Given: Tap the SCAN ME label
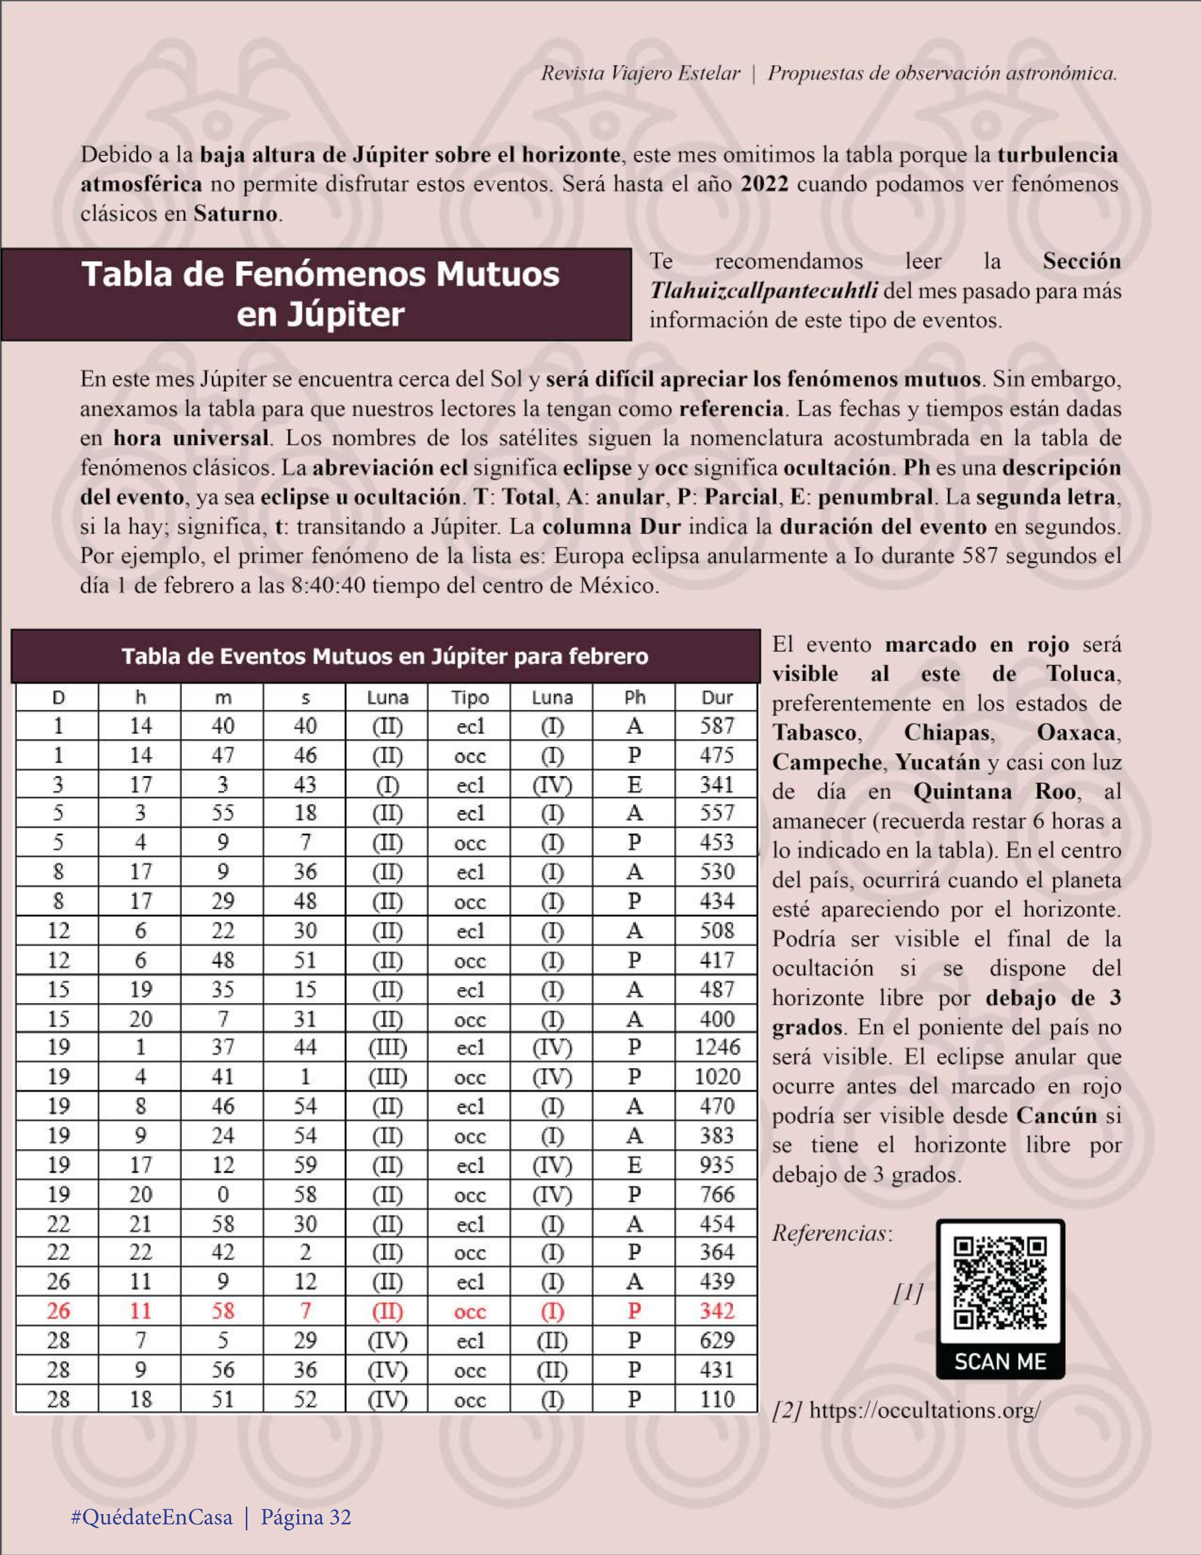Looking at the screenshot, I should [999, 1361].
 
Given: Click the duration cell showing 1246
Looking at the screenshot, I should [717, 1047].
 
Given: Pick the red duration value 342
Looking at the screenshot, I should [717, 1311].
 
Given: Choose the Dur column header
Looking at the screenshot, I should [717, 697].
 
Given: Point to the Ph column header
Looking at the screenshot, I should [634, 697].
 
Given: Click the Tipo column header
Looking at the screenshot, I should [470, 697].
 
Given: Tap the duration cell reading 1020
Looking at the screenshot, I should [717, 1076].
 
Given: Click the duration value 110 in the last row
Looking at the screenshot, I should [717, 1399].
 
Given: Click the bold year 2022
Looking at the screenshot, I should [764, 184].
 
